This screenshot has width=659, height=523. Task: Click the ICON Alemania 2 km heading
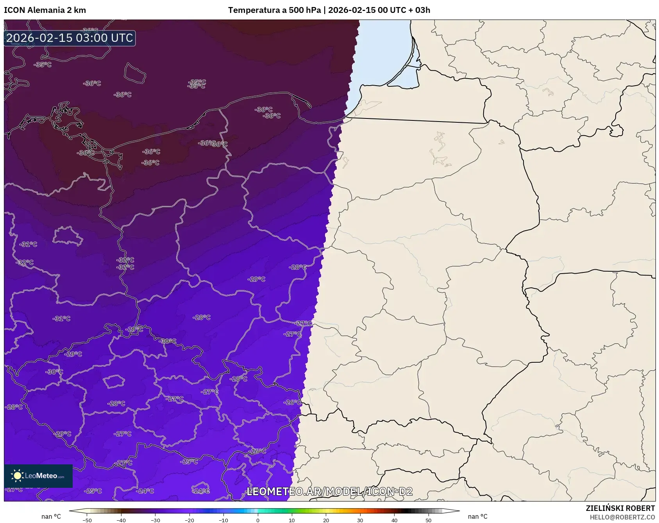pos(45,10)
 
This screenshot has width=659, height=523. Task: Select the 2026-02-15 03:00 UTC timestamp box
pos(70,38)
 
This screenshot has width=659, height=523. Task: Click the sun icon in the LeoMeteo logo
pos(17,475)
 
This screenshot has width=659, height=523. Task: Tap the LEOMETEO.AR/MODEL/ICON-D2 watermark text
pos(329,491)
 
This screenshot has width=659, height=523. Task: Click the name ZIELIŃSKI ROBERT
pos(620,508)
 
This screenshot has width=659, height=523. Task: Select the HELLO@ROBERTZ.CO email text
pos(622,517)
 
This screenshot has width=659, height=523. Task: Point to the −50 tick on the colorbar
pos(87,520)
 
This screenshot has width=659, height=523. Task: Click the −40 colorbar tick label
pos(121,520)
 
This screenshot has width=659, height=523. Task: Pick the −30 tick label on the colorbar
pos(155,520)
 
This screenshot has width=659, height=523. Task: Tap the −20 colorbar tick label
pos(189,520)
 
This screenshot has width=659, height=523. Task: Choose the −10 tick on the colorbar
pos(223,520)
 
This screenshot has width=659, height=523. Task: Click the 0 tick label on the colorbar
pos(258,520)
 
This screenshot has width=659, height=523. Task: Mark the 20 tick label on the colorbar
pos(326,520)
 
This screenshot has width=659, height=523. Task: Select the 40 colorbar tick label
pos(394,520)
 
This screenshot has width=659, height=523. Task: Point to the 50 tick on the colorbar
pos(429,520)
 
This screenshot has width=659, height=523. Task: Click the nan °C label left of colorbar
pos(51,516)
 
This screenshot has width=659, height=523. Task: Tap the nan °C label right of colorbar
pos(477,516)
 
